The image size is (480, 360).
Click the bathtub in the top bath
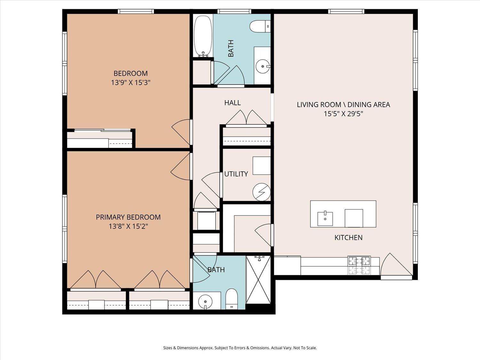(x=203, y=36)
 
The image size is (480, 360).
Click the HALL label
(x=232, y=103)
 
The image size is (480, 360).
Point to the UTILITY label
(x=236, y=174)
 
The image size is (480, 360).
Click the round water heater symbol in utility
(x=261, y=192)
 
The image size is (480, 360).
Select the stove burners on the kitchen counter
(x=359, y=266)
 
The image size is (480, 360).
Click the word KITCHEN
(x=348, y=237)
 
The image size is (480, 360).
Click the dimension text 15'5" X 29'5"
(x=343, y=114)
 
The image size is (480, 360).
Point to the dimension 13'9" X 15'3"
(x=131, y=83)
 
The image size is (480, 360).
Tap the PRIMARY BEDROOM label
(x=128, y=217)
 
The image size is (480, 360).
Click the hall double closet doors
(x=246, y=118)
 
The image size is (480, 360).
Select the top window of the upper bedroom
(x=136, y=12)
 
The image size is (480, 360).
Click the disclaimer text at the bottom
(x=240, y=348)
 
